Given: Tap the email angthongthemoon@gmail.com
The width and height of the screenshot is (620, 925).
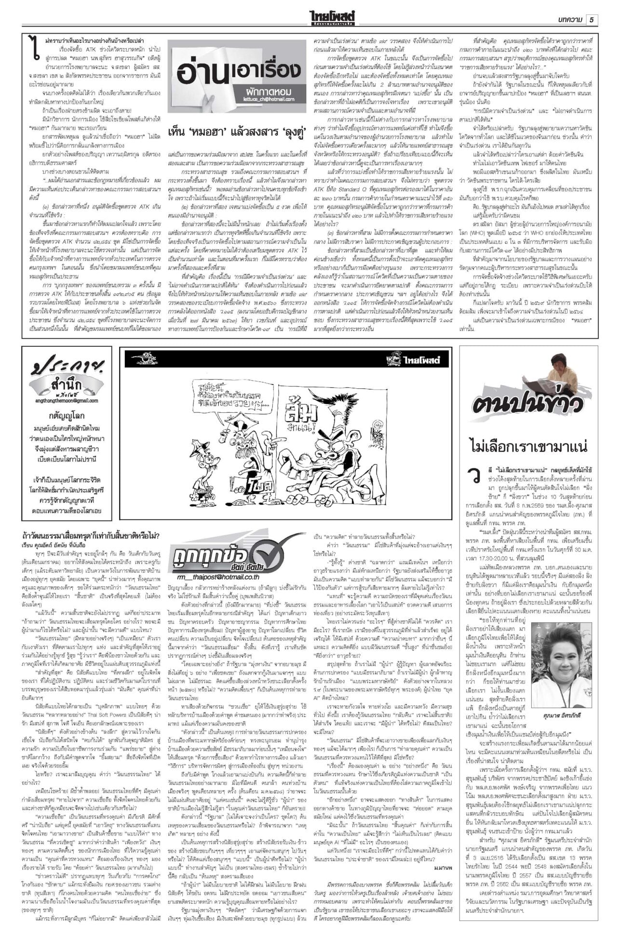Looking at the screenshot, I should pos(66,400).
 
